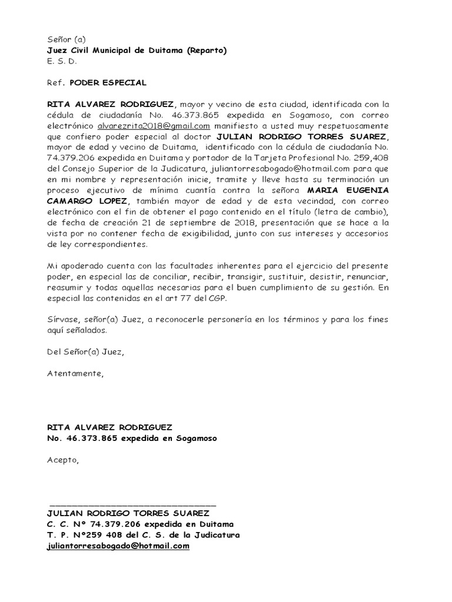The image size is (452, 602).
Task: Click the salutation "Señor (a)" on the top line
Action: click(x=67, y=40)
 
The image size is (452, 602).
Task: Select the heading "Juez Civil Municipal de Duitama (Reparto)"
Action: click(x=137, y=51)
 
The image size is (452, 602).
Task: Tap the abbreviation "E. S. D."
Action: click(x=62, y=61)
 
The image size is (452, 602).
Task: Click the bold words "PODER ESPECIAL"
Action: click(x=108, y=83)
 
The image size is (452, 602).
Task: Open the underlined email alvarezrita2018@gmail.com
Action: click(x=154, y=126)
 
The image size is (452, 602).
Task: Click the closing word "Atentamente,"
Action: click(x=75, y=374)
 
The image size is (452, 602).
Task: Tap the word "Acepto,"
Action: click(x=62, y=460)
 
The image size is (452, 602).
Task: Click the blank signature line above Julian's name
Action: click(x=133, y=504)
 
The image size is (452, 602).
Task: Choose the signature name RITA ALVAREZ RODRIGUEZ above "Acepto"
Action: click(x=110, y=427)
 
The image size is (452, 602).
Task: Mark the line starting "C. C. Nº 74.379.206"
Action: click(x=140, y=524)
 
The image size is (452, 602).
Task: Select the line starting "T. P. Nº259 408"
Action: click(x=143, y=535)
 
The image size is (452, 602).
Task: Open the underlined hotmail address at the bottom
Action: click(x=118, y=546)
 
